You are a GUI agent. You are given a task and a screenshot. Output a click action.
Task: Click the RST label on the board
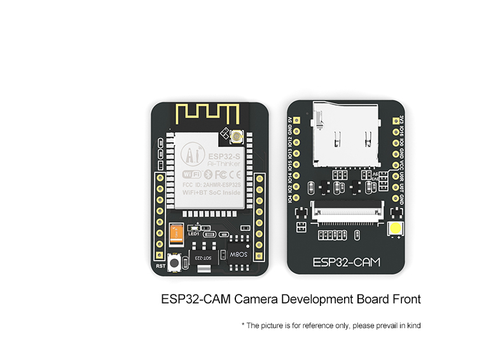click(x=161, y=265)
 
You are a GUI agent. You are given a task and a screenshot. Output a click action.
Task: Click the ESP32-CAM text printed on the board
click(x=346, y=261)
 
